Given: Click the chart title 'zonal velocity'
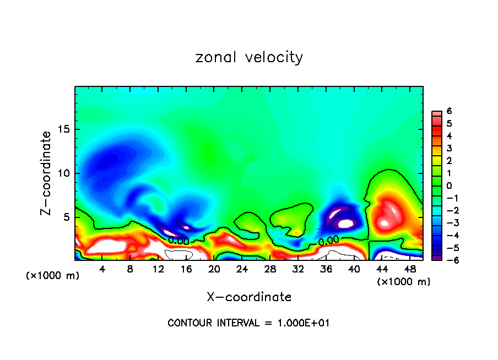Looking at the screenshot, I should pos(249,57).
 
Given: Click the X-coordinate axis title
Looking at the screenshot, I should pos(249,297).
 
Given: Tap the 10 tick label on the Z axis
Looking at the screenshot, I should pos(64,173).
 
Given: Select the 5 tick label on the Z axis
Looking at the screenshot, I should pos(67,217).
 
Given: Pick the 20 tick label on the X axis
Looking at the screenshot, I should pos(214,269).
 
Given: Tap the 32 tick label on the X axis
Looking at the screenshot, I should pos(298,269).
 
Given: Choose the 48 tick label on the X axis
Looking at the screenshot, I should pos(410,269).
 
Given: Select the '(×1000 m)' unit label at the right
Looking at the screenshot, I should pos(404,282).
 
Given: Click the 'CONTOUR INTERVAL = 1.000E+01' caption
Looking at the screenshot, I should pos(248,323).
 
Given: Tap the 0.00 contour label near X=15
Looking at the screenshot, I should pos(178,241).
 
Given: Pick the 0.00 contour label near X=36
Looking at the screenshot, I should pos(328,241).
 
